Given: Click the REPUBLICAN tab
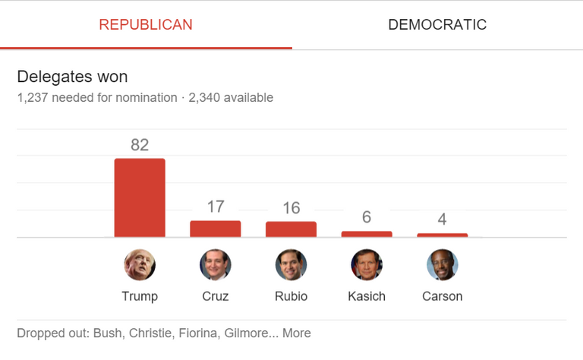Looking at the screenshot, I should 146,24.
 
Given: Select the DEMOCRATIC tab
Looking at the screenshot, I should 437,24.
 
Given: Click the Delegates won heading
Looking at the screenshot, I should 72,77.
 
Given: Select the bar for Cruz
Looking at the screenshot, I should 216,229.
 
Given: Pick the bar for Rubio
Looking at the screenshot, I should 291,229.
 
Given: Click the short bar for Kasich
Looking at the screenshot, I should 367,234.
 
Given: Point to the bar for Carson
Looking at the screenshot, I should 443,235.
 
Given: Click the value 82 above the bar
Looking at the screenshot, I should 140,145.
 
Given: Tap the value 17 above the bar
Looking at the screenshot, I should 216,207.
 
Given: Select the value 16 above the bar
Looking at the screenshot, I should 291,207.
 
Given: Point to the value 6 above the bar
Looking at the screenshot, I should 367,217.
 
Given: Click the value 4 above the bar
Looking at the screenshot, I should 443,219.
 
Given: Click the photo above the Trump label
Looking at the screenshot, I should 140,265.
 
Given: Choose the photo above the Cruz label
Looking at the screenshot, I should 216,265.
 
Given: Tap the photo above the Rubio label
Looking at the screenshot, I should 291,265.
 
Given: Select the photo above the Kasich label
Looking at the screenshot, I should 367,265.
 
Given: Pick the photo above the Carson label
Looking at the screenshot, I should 443,265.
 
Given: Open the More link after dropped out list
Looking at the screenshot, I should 297,333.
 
